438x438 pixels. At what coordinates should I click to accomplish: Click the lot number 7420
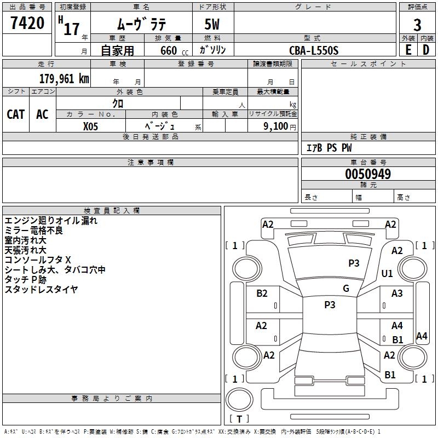pos(27,24)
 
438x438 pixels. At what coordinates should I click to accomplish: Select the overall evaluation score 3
pos(417,25)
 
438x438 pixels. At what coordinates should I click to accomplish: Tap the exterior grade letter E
pos(408,50)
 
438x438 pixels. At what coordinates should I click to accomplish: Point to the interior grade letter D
pos(426,50)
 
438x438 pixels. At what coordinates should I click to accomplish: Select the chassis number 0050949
pos(368,175)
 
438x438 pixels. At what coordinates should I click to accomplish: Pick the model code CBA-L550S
pos(314,50)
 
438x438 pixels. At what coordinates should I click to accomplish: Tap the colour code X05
pos(91,125)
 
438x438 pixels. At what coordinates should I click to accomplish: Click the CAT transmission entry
pos(16,114)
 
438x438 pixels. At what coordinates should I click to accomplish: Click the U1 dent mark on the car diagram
pos(387,273)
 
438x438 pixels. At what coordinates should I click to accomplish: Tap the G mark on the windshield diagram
pos(346,289)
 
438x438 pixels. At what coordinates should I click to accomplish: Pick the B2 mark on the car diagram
pos(262,293)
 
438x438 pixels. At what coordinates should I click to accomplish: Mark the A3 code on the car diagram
pos(397,293)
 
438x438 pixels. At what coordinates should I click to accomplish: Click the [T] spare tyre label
pos(239,419)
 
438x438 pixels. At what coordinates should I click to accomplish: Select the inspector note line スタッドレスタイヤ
pos(41,290)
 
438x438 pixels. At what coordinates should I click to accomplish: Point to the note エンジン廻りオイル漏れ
pos(51,221)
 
